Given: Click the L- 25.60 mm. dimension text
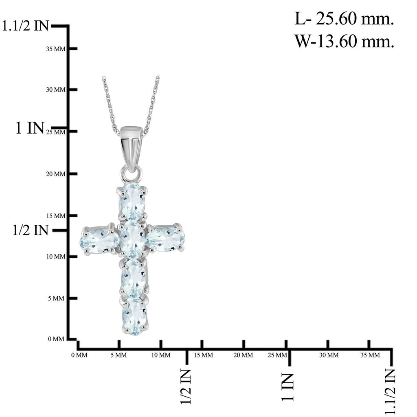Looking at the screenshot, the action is (344, 20).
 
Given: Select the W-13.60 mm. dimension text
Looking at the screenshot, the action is (344, 42).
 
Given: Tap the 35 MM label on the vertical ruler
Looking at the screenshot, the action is (55, 49).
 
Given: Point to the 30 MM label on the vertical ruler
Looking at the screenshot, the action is (55, 90).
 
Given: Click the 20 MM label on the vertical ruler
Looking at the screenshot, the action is (55, 174).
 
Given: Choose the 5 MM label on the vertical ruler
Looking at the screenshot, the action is (56, 298).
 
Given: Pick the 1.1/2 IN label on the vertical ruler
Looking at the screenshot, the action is (26, 26).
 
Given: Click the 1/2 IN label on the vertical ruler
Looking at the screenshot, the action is (31, 230).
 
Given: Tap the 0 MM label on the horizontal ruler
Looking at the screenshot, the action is (79, 355).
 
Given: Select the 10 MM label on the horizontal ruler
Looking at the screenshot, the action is (161, 355).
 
